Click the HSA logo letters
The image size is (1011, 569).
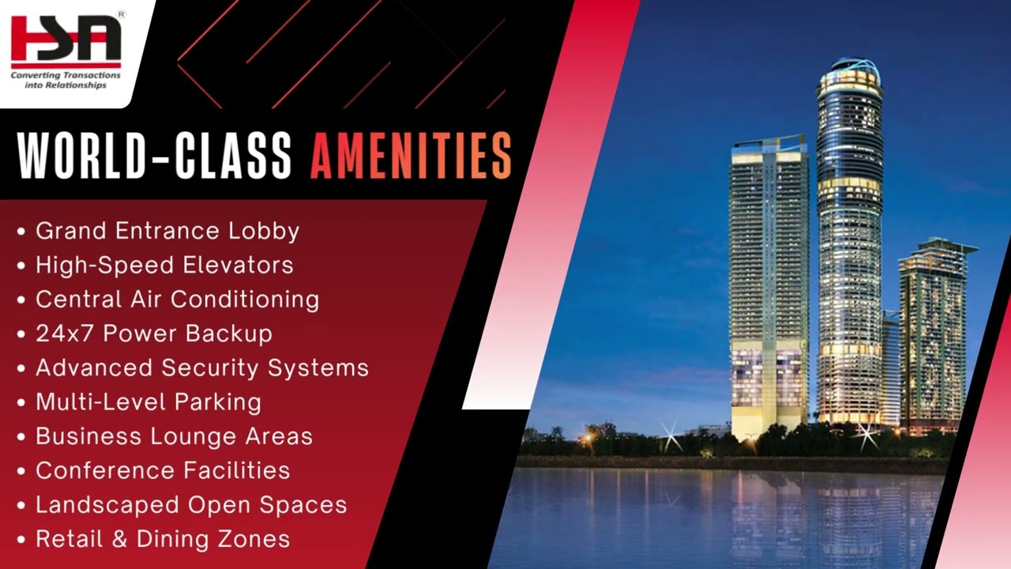[x=66, y=40]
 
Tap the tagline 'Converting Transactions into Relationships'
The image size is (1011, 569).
[x=66, y=80]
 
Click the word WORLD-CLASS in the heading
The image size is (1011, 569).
[x=155, y=155]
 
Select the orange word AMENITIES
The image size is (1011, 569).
[x=411, y=155]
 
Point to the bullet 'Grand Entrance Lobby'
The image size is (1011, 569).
[x=167, y=231]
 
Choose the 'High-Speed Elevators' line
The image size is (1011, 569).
[x=164, y=265]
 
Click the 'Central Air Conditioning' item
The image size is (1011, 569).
[x=177, y=300]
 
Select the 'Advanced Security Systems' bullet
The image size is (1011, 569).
[x=201, y=367]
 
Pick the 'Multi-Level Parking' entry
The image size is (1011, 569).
[x=148, y=401]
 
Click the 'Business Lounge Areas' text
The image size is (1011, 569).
[x=174, y=436]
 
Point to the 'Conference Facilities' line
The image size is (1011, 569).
[x=163, y=470]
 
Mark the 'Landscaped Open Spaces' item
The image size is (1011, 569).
[x=191, y=505]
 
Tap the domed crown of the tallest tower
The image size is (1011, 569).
[x=849, y=71]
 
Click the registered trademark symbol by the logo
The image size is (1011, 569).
[x=121, y=13]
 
